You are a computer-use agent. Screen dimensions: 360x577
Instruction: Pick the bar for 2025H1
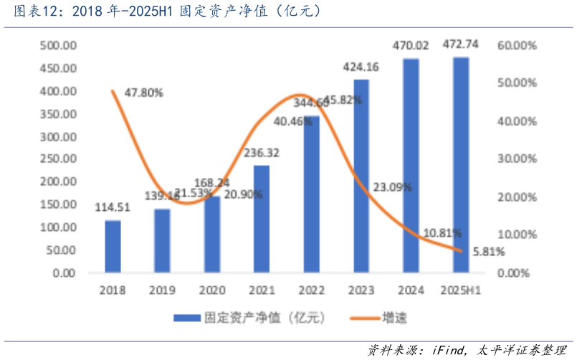point(461,165)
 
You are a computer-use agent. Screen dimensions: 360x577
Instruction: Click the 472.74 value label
point(461,45)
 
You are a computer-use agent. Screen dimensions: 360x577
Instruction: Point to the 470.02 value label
point(411,45)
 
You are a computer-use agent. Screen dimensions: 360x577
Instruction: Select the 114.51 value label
point(113,209)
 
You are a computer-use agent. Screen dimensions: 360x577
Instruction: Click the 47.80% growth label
point(143,93)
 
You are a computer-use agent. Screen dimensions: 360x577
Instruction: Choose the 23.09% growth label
point(392,187)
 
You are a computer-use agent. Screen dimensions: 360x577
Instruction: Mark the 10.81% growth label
point(442,233)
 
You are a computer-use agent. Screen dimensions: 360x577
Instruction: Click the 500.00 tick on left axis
point(58,45)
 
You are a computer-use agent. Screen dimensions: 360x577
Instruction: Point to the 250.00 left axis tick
point(58,159)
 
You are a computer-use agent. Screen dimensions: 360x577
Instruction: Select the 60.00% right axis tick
point(518,45)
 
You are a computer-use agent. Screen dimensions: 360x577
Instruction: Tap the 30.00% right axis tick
point(518,159)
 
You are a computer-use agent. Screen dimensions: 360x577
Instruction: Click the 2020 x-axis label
point(212,290)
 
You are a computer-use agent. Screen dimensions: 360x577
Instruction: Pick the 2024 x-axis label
point(411,290)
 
